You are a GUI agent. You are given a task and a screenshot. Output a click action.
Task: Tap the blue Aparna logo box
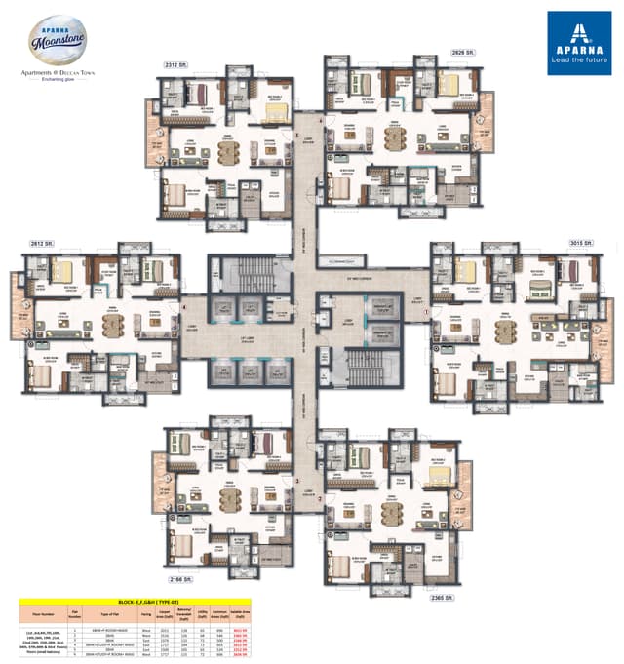(x=578, y=43)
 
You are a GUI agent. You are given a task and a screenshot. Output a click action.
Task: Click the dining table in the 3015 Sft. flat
(x=505, y=332)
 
